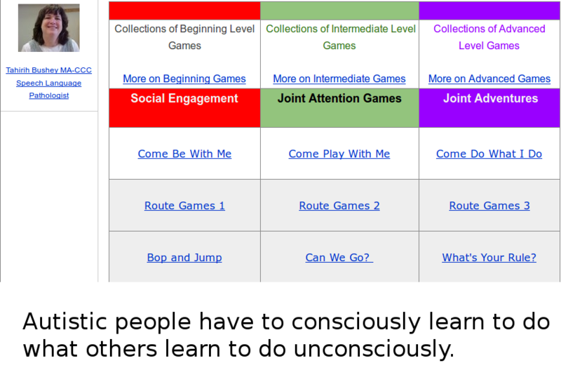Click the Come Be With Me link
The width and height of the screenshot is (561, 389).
click(x=184, y=154)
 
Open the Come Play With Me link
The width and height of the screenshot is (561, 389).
click(x=339, y=154)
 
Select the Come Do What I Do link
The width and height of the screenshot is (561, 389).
click(x=489, y=154)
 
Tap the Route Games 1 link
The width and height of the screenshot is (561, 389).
click(x=184, y=206)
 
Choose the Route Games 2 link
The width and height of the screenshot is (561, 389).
click(x=339, y=206)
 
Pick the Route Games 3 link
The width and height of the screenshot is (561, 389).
click(x=489, y=206)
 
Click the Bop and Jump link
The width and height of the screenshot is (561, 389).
click(x=184, y=258)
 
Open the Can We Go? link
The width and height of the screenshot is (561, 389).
click(x=339, y=258)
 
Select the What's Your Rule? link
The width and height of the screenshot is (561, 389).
click(x=489, y=258)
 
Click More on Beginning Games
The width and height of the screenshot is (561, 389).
click(x=184, y=79)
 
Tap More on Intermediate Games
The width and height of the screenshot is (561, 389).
click(x=339, y=79)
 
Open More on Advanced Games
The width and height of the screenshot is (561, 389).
click(x=489, y=79)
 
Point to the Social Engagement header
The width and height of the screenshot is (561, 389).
click(x=184, y=98)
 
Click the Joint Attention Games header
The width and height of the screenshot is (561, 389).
click(x=339, y=98)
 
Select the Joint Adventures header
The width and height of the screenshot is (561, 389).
click(x=490, y=98)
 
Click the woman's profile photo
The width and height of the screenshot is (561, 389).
click(x=49, y=28)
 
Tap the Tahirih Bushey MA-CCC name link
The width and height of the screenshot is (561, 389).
click(x=48, y=70)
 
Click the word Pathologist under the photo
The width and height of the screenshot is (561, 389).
click(x=49, y=95)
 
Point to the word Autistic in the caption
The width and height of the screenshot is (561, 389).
click(x=65, y=322)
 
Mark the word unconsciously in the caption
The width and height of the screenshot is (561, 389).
click(x=374, y=349)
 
